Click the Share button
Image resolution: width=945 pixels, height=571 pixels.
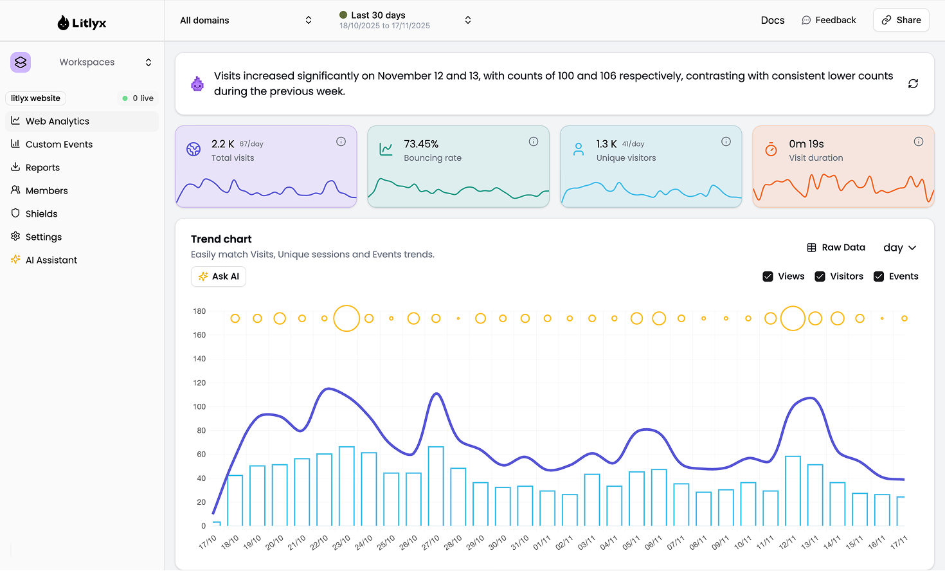point(901,20)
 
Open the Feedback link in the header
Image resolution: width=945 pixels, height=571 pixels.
point(829,20)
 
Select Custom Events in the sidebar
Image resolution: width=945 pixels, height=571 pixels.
point(59,145)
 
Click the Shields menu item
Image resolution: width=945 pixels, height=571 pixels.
point(41,214)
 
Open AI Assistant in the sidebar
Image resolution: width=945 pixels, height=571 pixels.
point(51,260)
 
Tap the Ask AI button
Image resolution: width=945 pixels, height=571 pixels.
point(219,276)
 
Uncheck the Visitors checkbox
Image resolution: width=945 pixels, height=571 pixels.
point(820,276)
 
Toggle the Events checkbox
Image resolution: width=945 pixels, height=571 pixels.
point(879,276)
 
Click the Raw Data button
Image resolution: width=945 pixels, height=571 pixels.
point(836,248)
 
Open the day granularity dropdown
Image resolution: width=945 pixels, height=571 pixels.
point(899,248)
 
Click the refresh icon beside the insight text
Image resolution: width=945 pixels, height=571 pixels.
point(913,84)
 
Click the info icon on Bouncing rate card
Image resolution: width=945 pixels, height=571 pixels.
point(534,141)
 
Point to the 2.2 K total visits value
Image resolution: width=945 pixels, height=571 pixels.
point(222,144)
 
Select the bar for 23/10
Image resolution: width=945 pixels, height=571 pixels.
point(346,486)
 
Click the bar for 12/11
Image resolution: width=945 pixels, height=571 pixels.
point(793,491)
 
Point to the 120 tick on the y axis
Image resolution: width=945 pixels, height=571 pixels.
point(199,383)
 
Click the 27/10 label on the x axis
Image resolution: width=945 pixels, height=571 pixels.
point(430,542)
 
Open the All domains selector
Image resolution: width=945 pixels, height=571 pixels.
point(246,21)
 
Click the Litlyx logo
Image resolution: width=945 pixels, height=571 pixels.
point(82,23)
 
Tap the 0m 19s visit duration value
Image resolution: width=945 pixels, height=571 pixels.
point(806,144)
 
